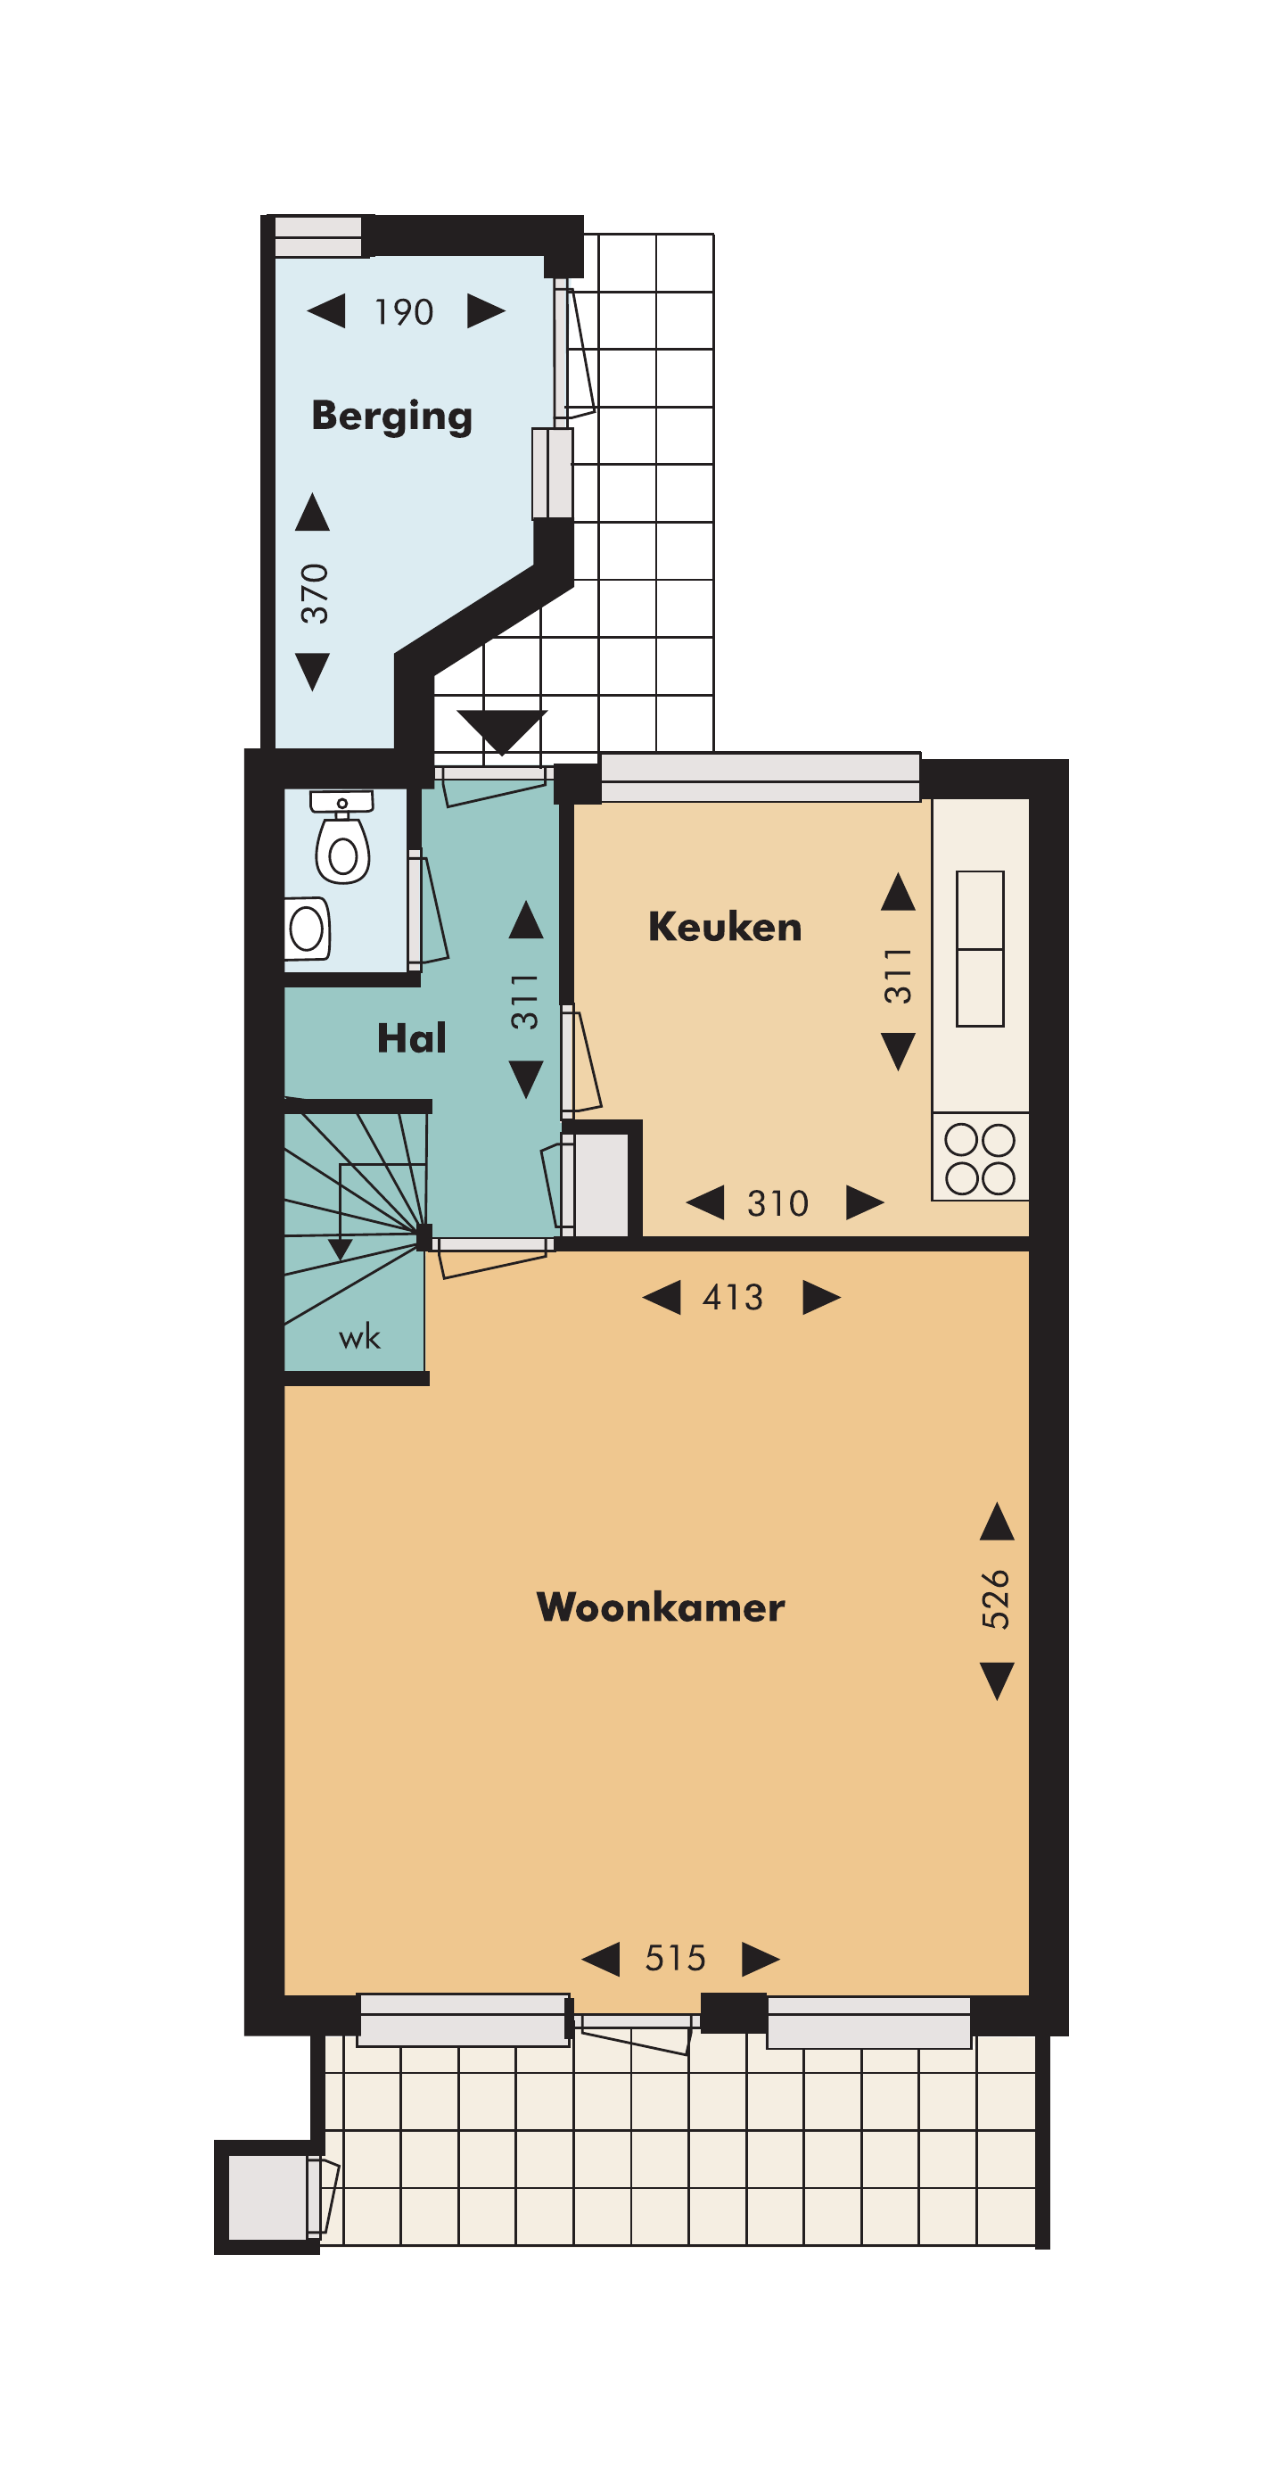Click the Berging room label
click(392, 417)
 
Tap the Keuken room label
click(726, 927)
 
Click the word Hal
click(411, 1038)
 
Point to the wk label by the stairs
click(359, 1337)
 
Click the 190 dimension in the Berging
click(403, 312)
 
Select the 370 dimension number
click(314, 594)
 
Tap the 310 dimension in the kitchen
click(778, 1204)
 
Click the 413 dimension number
click(733, 1298)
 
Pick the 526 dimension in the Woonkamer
click(996, 1599)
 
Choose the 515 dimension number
click(676, 1958)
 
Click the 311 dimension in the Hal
click(524, 1002)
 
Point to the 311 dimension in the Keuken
click(898, 976)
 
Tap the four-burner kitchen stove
click(980, 1157)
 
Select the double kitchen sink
click(980, 949)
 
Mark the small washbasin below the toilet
click(307, 929)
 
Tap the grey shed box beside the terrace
click(267, 2197)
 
